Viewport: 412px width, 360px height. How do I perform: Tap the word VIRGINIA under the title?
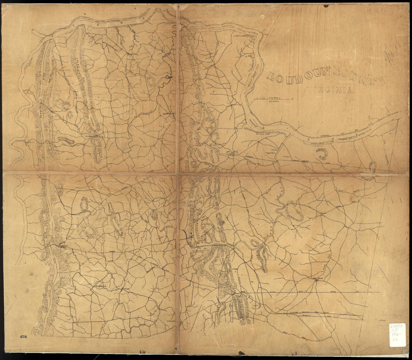(x=330, y=90)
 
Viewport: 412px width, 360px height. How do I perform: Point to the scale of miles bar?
(x=273, y=99)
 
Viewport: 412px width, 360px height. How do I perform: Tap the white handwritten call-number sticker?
(x=397, y=334)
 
